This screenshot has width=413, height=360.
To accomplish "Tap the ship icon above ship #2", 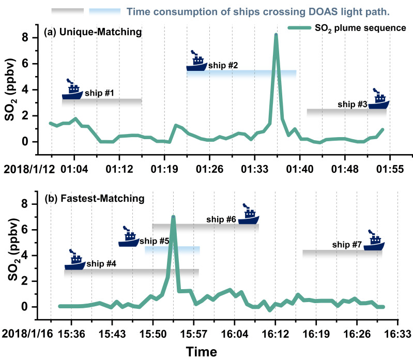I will point(196,62).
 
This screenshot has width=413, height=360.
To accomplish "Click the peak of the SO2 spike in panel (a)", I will point(276,35).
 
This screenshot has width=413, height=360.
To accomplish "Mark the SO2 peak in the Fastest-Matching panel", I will point(173,217).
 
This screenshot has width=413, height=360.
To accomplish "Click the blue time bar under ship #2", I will point(241,73).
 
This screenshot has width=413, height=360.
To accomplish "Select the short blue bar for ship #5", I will point(172,250).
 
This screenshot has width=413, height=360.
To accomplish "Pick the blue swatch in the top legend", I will point(105,11).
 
